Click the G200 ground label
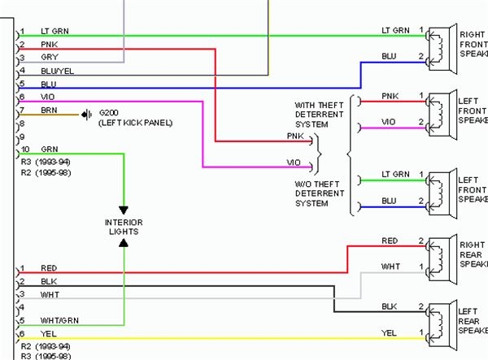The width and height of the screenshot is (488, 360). (108, 113)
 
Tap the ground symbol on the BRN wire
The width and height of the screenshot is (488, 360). (85, 114)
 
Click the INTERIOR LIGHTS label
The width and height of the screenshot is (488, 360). (123, 227)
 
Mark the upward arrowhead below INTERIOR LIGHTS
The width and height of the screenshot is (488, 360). (124, 243)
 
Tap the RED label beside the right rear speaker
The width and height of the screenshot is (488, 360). (390, 241)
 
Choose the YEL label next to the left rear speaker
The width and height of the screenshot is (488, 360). (390, 332)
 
